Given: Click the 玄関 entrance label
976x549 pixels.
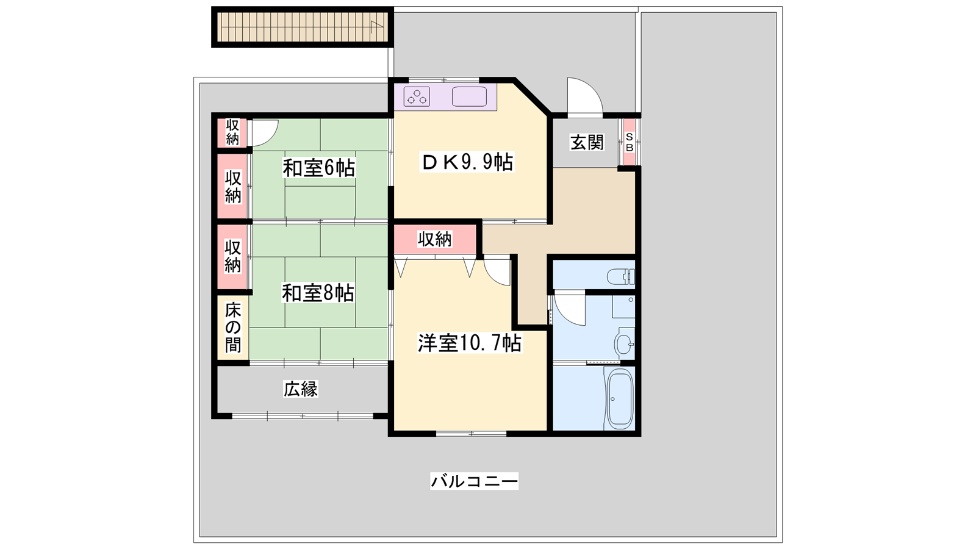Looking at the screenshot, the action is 587,143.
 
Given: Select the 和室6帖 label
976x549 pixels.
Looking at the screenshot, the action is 319,168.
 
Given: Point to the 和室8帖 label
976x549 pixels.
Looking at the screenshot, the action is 318,293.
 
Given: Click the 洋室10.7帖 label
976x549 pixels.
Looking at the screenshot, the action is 470,343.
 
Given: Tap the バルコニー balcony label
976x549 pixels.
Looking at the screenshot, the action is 475,481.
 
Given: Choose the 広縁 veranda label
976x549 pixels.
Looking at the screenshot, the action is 301,389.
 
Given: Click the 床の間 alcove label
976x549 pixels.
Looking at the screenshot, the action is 233,328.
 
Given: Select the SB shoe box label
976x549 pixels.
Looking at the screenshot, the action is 629,143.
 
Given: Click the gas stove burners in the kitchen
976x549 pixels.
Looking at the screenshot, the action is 417,97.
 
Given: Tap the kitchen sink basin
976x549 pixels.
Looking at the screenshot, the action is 469,97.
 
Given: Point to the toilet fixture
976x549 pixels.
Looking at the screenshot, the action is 621,276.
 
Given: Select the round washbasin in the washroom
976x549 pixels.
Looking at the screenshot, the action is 625,344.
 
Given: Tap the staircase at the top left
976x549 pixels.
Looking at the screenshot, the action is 303,27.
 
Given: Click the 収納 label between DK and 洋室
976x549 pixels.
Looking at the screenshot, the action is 435,239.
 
